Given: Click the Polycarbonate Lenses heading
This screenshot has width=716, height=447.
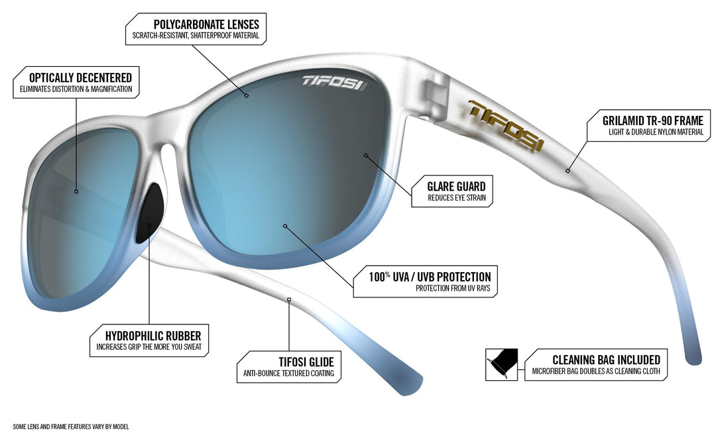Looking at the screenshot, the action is [x=206, y=25].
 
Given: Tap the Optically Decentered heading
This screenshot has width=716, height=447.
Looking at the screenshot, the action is [x=80, y=77].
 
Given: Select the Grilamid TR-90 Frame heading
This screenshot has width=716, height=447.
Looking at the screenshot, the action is [x=653, y=121].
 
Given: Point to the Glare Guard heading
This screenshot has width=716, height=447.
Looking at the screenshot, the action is [x=456, y=186].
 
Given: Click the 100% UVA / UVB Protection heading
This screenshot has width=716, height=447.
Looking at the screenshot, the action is [x=430, y=276].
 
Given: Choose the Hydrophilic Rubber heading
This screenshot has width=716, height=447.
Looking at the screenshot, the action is [x=153, y=336].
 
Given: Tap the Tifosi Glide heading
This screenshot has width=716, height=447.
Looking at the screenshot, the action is [x=306, y=362].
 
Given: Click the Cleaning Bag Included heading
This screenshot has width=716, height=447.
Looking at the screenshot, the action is [x=607, y=360].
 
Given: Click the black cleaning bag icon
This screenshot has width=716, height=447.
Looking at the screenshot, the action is [x=501, y=364].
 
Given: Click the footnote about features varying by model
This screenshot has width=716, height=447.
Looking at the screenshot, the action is [x=71, y=427].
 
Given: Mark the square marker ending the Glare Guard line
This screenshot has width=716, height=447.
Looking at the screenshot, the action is [x=366, y=156].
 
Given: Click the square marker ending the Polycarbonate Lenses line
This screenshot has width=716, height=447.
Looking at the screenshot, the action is [x=247, y=95].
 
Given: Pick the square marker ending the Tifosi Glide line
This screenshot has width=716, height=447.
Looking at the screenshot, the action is [x=289, y=300].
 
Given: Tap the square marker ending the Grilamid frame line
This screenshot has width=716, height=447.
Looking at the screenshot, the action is [x=567, y=171].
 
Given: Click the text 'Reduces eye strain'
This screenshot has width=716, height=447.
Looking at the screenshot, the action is [x=457, y=198].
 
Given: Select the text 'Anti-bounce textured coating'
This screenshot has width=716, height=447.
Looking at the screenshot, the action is [x=288, y=373].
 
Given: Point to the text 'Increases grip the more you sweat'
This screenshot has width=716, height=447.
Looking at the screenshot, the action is [x=149, y=347].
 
